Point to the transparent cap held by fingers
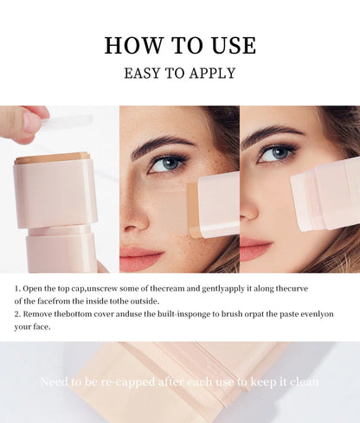click(65, 123)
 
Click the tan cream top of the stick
click(52, 157)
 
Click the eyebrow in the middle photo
click(164, 144)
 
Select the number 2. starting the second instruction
click(18, 314)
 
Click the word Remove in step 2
click(42, 314)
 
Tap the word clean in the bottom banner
click(300, 381)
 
